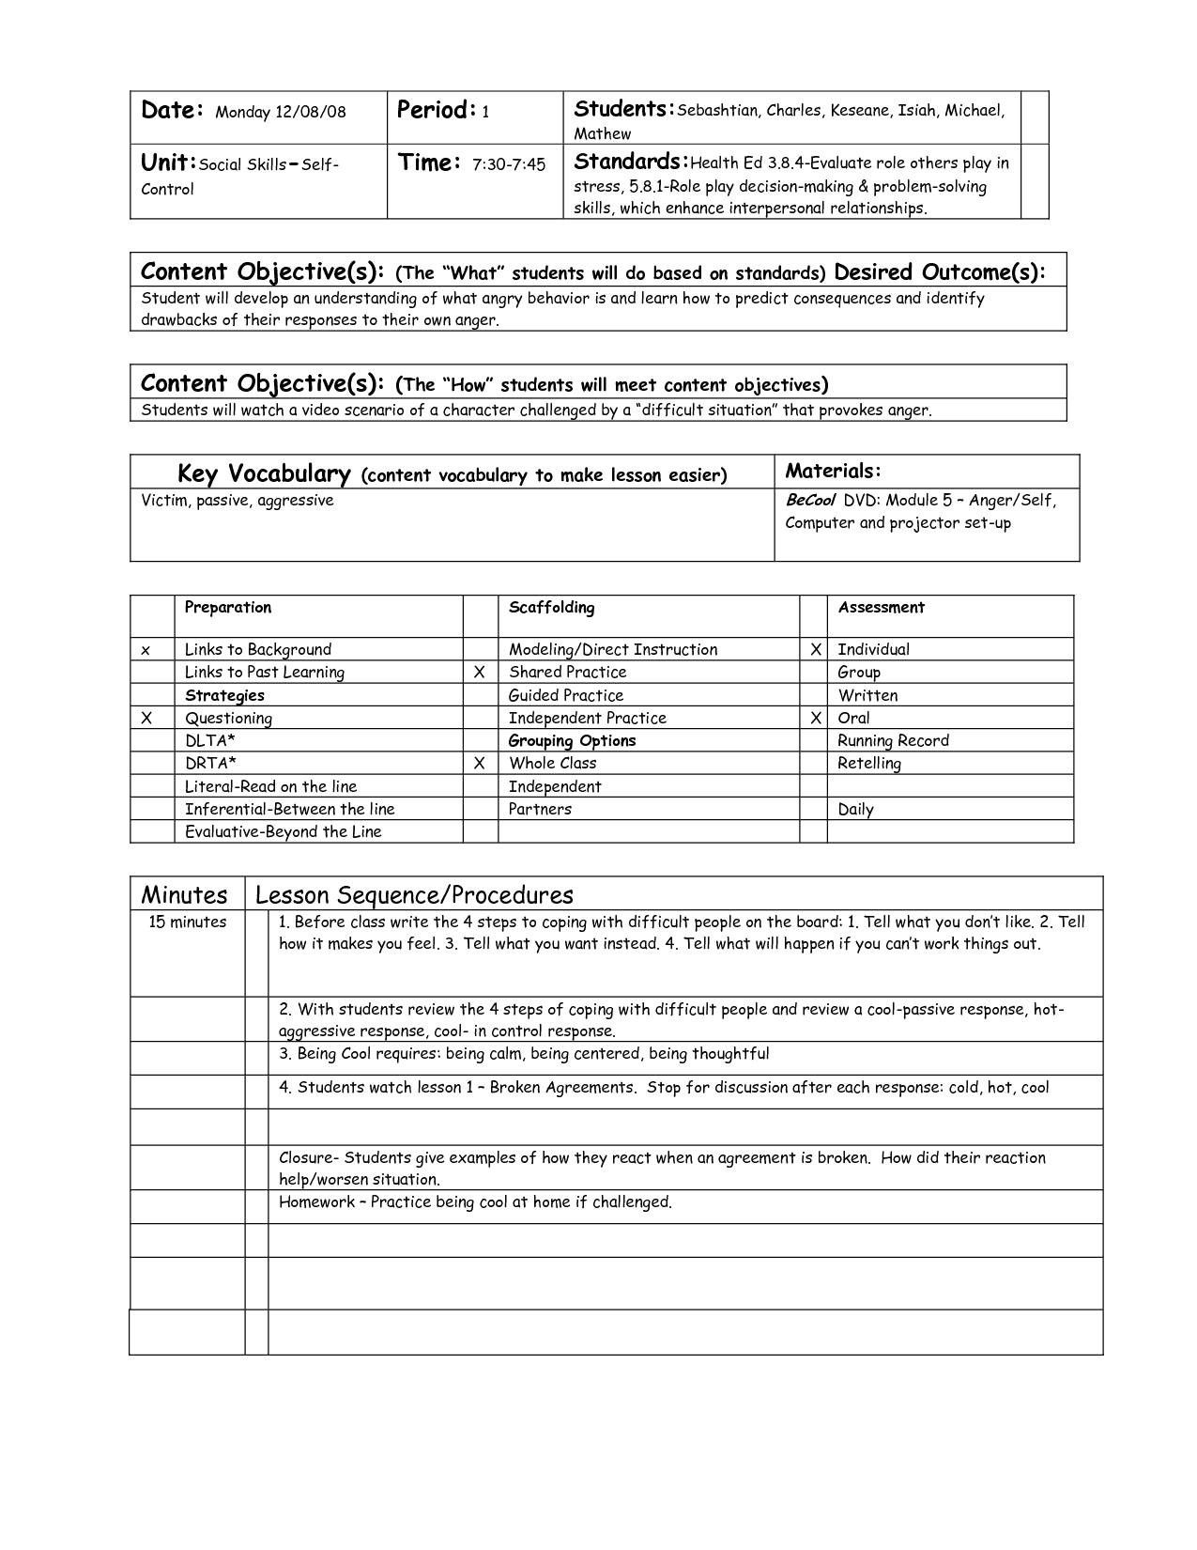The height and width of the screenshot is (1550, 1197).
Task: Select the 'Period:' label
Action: click(437, 111)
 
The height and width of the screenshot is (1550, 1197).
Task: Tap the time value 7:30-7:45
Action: click(508, 165)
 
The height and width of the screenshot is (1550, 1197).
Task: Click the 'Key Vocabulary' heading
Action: click(264, 473)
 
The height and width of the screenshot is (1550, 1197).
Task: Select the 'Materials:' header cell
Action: click(833, 471)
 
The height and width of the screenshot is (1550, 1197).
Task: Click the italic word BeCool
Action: click(810, 500)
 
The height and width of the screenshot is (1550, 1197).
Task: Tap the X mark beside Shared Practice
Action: click(480, 673)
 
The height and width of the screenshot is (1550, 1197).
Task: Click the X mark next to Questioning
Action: click(146, 719)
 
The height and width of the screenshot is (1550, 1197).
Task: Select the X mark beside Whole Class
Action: click(480, 764)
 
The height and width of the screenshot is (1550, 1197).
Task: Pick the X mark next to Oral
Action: click(816, 719)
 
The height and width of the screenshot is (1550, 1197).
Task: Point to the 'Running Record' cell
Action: click(893, 740)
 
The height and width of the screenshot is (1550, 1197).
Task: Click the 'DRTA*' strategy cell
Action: click(210, 764)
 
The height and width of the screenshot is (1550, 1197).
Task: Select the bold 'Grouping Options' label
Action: click(572, 740)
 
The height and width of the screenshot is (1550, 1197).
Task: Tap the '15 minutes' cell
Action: click(188, 922)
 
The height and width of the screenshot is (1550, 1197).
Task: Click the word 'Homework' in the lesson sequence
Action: click(316, 1202)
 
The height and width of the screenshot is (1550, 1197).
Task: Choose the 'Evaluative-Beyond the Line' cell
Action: click(283, 831)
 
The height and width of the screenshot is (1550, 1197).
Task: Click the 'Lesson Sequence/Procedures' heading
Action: click(414, 894)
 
